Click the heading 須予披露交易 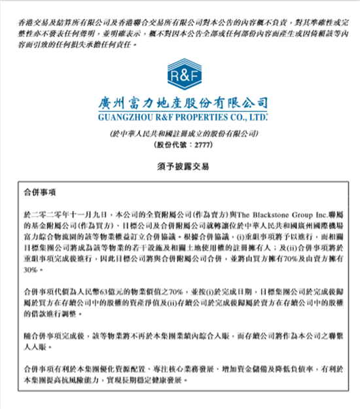179,166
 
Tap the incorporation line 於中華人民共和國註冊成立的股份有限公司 179,133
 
